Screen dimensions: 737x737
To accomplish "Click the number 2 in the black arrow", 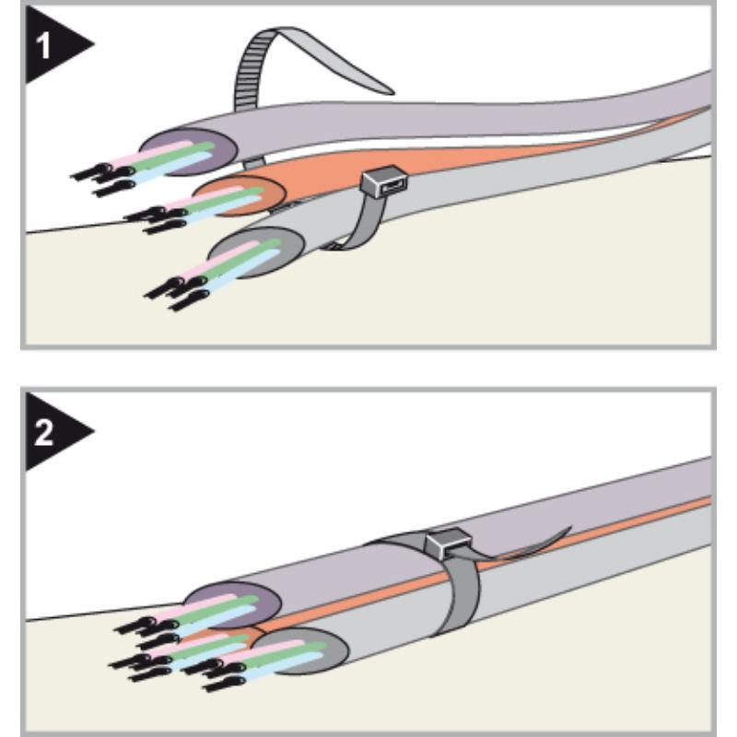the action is [43, 432].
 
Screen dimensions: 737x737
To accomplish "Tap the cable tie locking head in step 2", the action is [448, 543].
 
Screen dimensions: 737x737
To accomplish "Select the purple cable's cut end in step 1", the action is [191, 151].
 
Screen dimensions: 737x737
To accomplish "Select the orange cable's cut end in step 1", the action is [240, 196].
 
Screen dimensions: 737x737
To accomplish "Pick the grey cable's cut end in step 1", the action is [257, 252].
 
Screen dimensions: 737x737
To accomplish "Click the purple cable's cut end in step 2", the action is [233, 605].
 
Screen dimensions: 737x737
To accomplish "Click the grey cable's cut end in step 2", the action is [301, 650].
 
